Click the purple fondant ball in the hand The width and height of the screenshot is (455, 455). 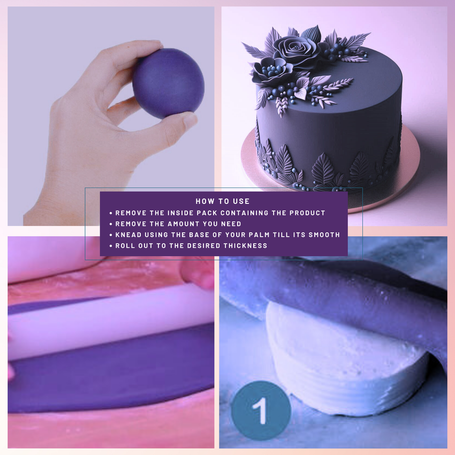(x=168, y=83)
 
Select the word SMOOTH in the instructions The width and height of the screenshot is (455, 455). (x=324, y=234)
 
